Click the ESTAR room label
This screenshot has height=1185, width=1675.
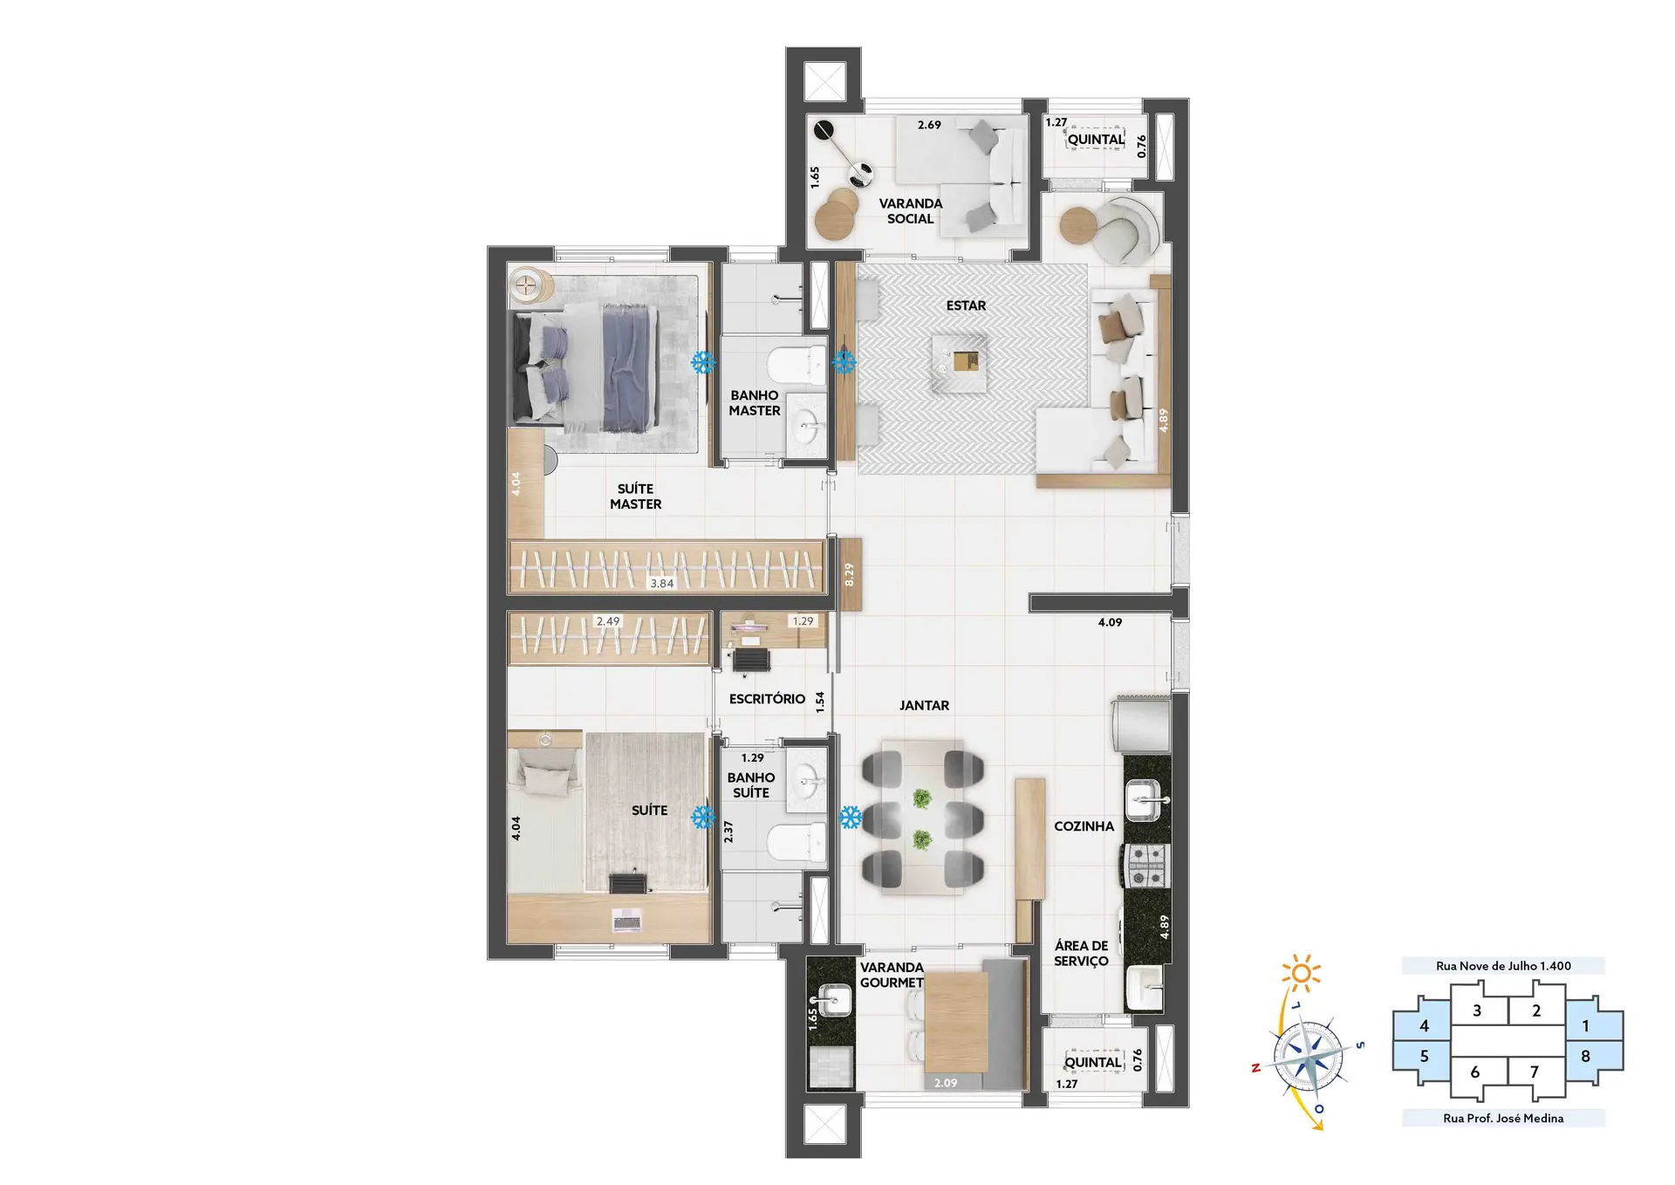click(x=966, y=305)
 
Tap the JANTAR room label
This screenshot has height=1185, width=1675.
click(x=924, y=705)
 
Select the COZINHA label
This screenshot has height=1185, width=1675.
click(x=1084, y=825)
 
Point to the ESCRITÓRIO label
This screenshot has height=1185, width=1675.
click(x=767, y=698)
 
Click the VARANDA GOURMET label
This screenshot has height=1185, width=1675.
click(x=892, y=975)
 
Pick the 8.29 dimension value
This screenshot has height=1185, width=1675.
click(x=849, y=573)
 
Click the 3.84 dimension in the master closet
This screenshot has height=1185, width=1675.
click(x=661, y=583)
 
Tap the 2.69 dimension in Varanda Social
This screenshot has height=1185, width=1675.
click(x=929, y=125)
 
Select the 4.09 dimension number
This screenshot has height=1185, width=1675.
click(x=1110, y=622)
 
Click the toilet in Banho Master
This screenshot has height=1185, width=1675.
click(x=796, y=365)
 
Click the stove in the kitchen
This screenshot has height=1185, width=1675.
click(x=1145, y=866)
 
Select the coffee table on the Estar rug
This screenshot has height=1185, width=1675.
click(x=960, y=362)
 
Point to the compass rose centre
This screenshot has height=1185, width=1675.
click(x=1308, y=1058)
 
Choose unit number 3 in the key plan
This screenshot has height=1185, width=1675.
click(x=1477, y=1010)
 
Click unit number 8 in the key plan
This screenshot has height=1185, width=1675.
click(x=1585, y=1056)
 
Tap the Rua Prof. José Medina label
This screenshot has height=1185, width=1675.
click(x=1503, y=1118)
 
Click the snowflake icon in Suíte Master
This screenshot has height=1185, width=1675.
click(x=703, y=362)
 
